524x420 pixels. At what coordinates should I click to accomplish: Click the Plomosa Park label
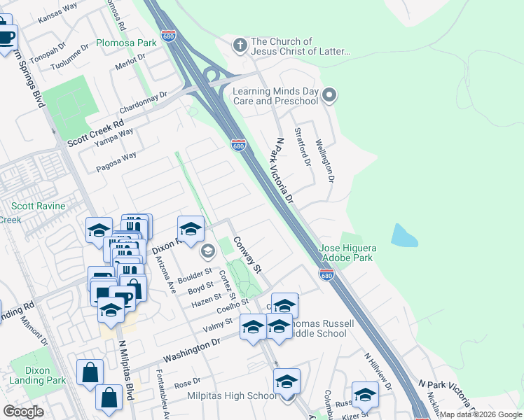[126, 43]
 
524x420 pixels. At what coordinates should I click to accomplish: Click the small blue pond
[404, 236]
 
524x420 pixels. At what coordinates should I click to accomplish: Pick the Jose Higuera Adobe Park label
[348, 253]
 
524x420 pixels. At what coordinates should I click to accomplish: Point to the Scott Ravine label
[38, 206]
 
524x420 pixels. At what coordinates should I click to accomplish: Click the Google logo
[23, 412]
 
